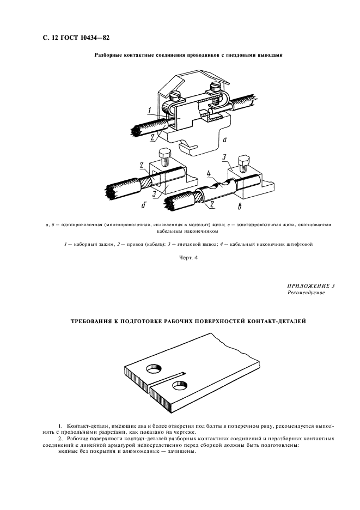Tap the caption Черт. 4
(x=186, y=258)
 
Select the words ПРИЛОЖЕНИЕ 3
(x=310, y=286)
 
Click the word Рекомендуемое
(x=306, y=293)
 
